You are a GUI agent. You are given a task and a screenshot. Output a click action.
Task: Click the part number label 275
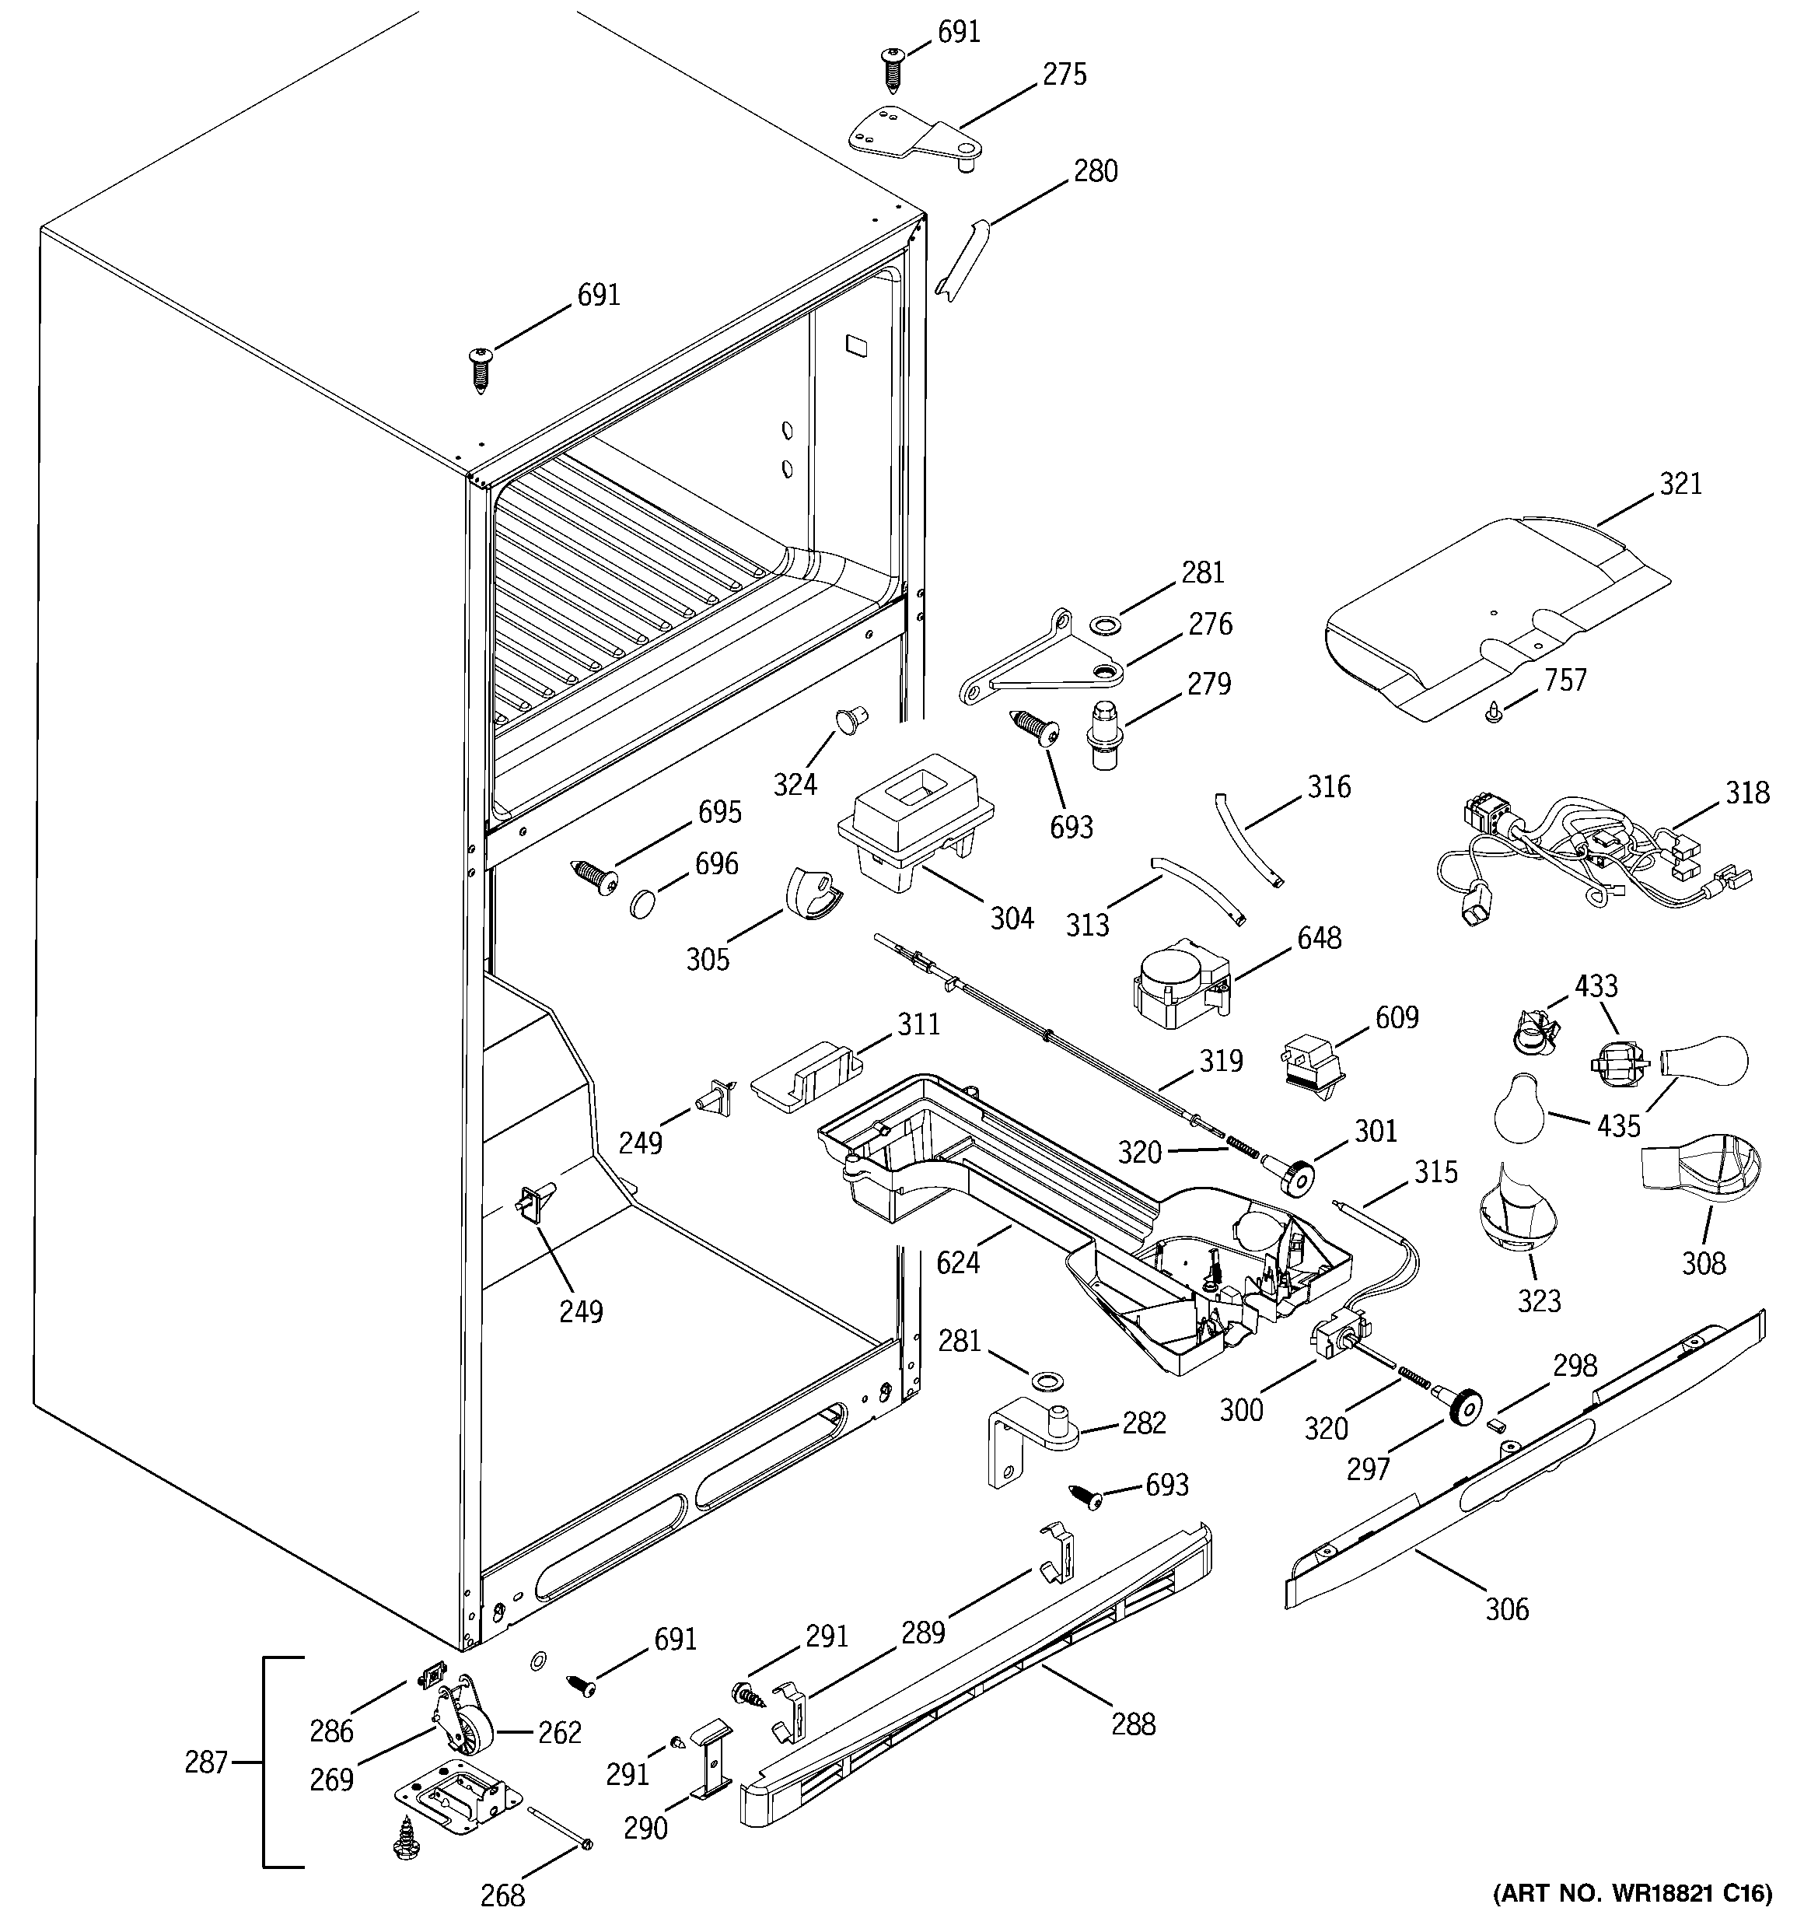tap(1065, 75)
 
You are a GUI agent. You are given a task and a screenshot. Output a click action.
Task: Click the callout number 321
tap(1680, 483)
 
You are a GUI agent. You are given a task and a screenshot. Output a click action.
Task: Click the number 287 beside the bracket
tap(206, 1762)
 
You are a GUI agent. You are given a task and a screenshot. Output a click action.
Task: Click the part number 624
tap(958, 1262)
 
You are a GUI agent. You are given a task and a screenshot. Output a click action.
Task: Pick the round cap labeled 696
tap(644, 905)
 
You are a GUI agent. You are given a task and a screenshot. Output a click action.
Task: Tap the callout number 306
tap(1507, 1610)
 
